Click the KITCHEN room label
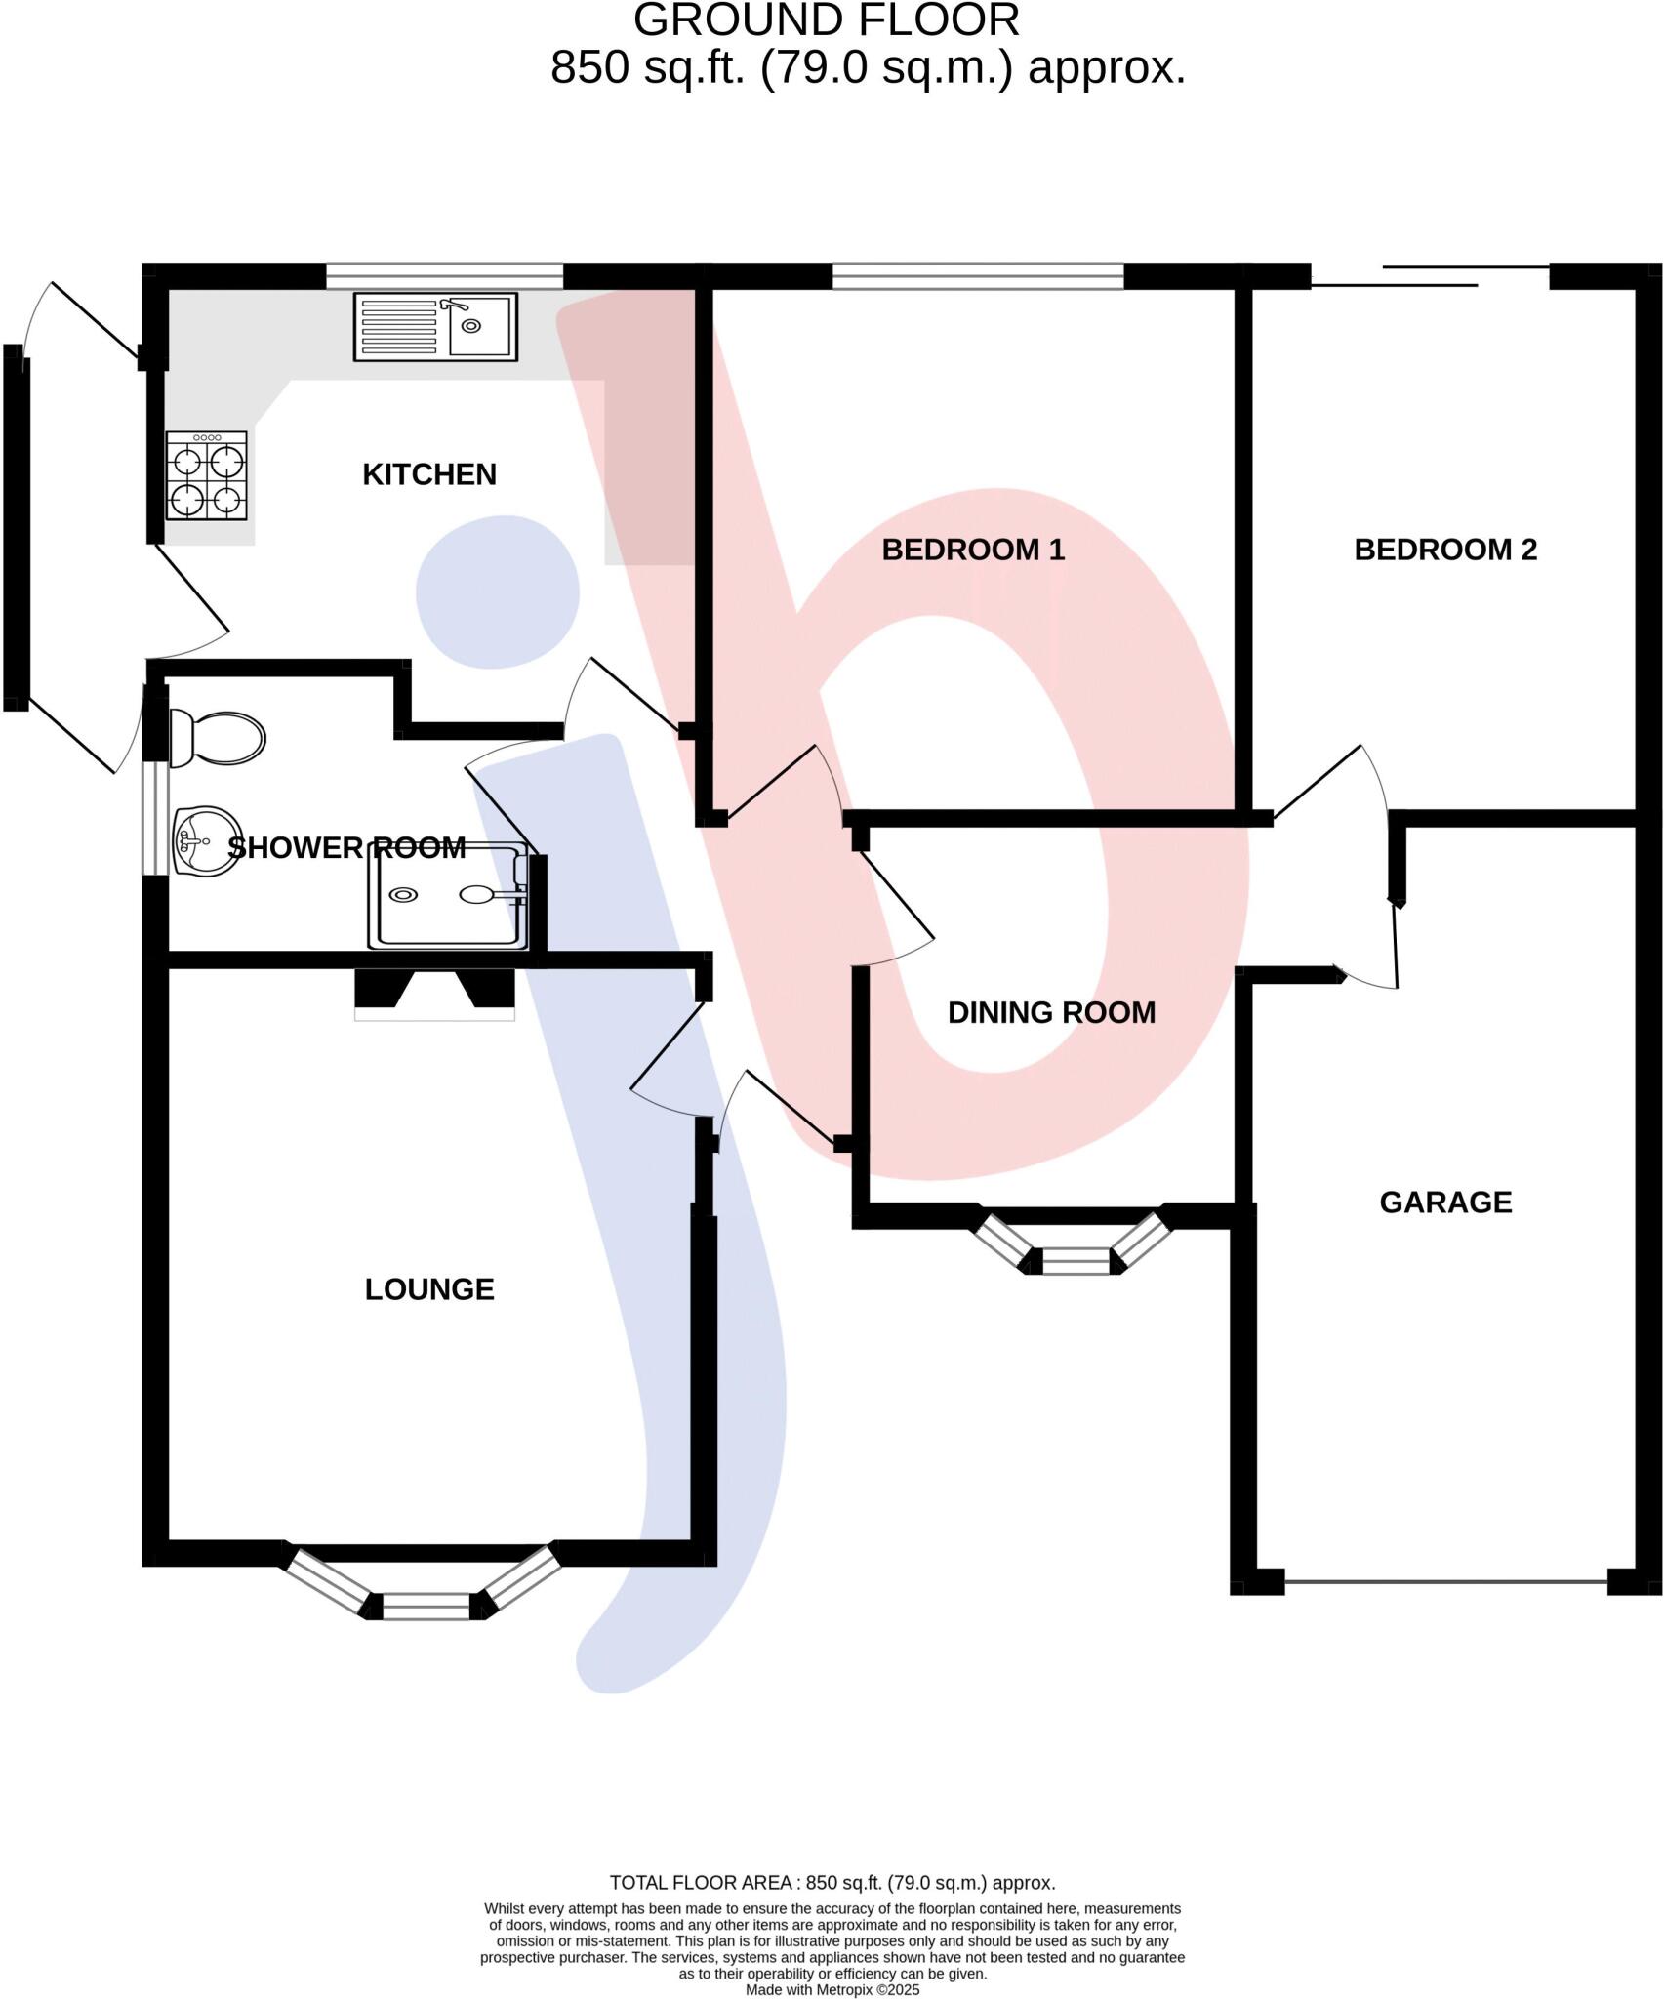(x=429, y=474)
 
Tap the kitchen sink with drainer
(x=435, y=327)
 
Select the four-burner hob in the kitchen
(x=206, y=476)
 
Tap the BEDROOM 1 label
(x=972, y=550)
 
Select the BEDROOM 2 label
(x=1444, y=550)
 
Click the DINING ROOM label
(x=1051, y=1012)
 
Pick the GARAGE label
(x=1444, y=1202)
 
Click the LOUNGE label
(x=429, y=1289)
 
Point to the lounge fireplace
(x=433, y=993)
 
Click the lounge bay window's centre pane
(x=426, y=1606)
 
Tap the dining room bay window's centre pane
(x=1076, y=1261)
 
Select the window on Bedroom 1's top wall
(x=977, y=276)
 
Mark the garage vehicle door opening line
(x=1445, y=1581)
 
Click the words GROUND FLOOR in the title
(x=826, y=20)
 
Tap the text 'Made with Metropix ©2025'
(x=832, y=1989)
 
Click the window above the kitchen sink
(x=444, y=276)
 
